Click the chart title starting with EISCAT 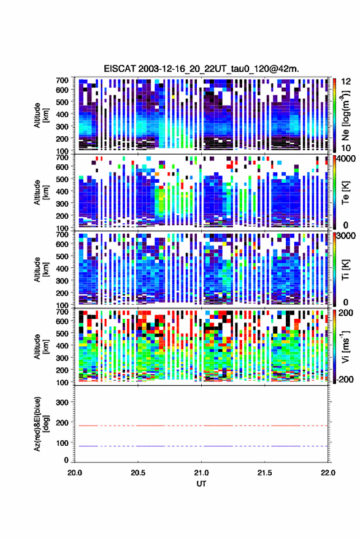tap(202, 69)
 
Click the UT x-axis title tap(202, 484)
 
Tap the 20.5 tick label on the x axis tap(138, 473)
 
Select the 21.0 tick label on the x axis tap(202, 473)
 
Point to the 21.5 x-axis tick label tap(265, 473)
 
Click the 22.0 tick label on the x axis tap(328, 473)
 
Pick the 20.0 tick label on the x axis tap(75, 473)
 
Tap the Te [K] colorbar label tap(345, 193)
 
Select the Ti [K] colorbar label tap(345, 270)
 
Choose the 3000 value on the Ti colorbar tap(346, 235)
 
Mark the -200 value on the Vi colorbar tap(344, 380)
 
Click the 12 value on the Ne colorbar tap(347, 82)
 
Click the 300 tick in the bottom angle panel tap(62, 402)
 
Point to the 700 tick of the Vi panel tap(62, 312)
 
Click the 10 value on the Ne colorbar tap(347, 148)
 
